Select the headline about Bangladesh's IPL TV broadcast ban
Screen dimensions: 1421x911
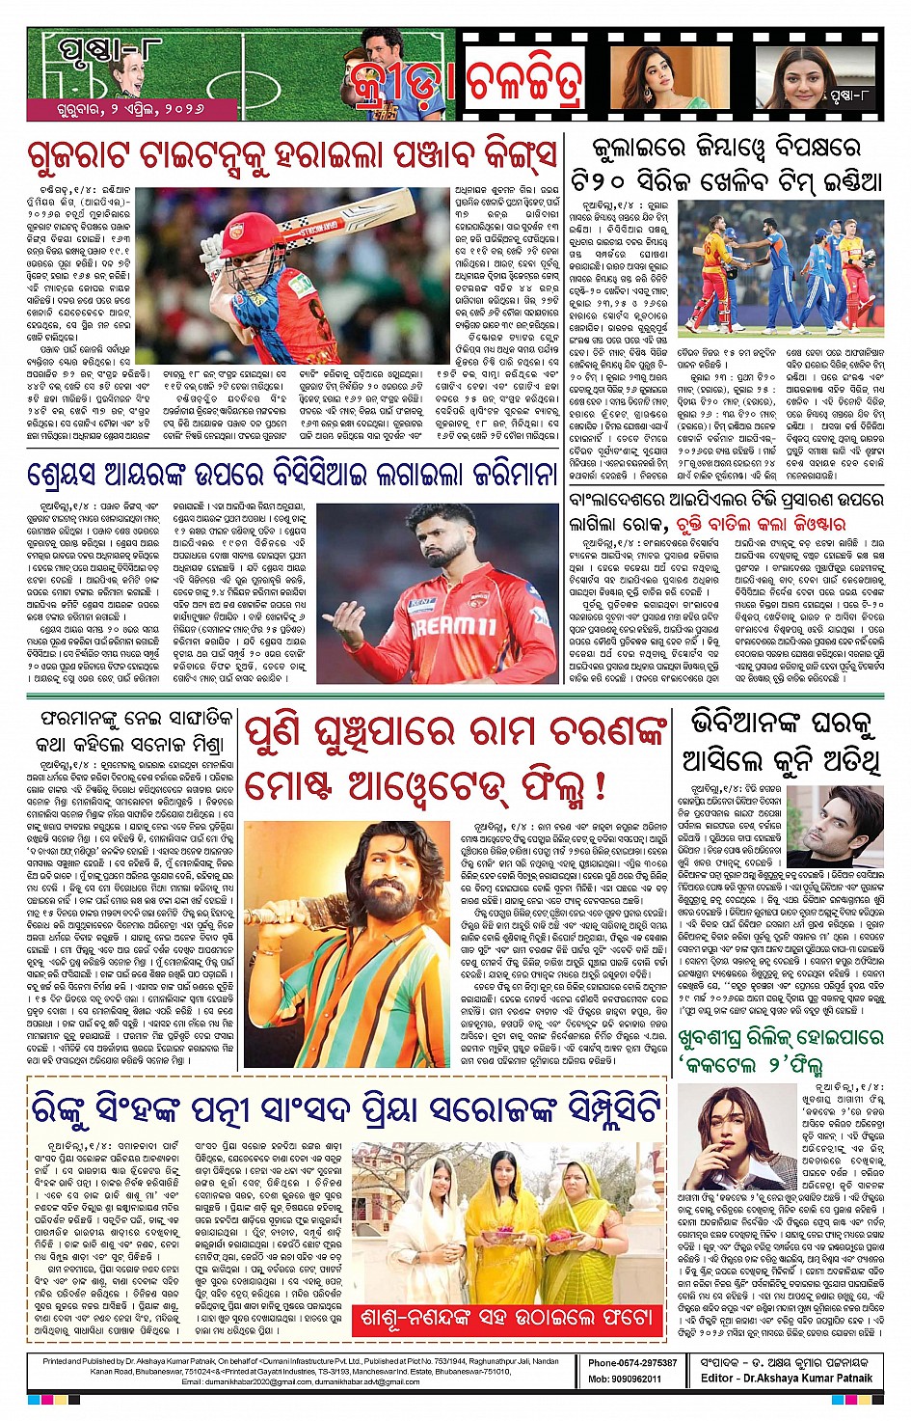click(x=725, y=512)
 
